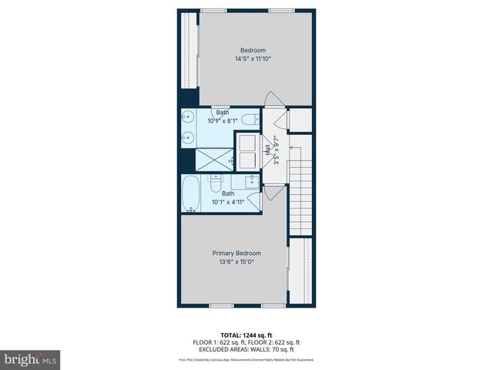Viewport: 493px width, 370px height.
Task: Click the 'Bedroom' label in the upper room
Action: [252, 50]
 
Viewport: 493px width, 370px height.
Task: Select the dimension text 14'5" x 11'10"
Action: [252, 59]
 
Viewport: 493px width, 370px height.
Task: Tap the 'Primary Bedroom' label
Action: [236, 253]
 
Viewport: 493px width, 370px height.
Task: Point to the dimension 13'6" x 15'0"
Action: [236, 261]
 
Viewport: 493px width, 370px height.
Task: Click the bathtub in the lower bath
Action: [191, 194]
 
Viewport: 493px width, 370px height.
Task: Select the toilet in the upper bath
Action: [248, 119]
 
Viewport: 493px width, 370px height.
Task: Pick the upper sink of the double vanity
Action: [187, 119]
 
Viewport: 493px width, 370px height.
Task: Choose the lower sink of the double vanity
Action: [187, 139]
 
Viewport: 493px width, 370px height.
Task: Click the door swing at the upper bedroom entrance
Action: [273, 100]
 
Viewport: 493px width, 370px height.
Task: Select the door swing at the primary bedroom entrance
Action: [272, 193]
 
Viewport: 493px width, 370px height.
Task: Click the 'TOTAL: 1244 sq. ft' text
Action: [246, 335]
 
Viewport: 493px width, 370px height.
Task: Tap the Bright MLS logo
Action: [30, 359]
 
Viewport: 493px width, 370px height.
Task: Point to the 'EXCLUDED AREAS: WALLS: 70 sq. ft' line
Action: [246, 349]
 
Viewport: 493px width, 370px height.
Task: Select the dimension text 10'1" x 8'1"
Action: [223, 121]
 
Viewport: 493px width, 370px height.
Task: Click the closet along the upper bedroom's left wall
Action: [188, 50]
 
